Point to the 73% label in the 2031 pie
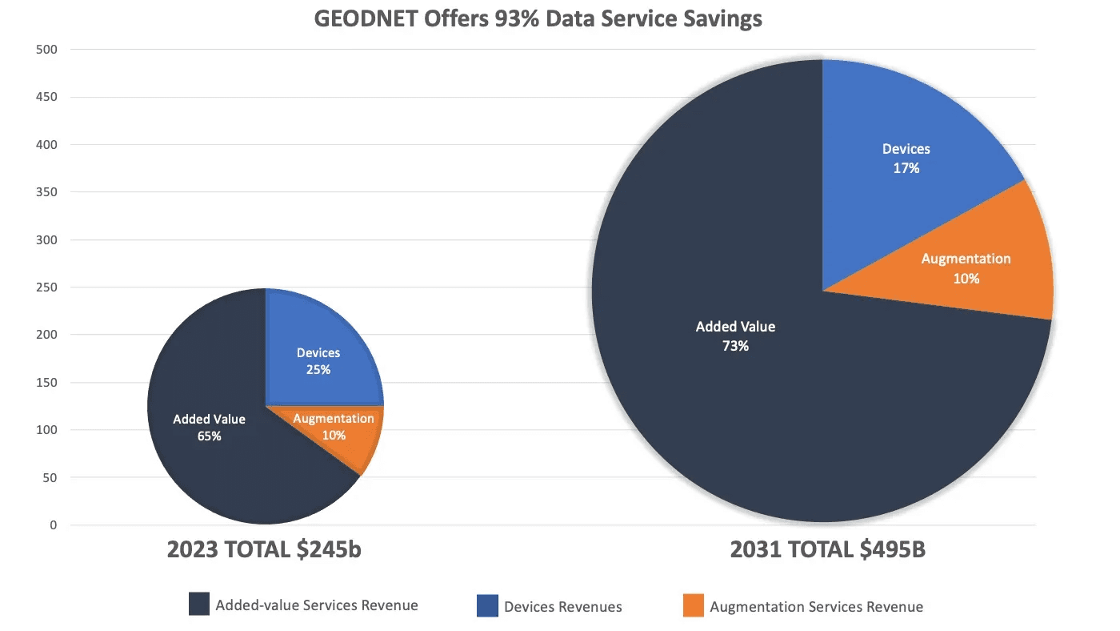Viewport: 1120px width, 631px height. pos(735,347)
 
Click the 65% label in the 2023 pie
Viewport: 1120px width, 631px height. pos(210,436)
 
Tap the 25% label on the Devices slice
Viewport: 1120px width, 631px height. pos(318,370)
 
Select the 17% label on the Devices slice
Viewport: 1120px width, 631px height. pos(906,169)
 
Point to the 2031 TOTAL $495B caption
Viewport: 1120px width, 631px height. pos(827,550)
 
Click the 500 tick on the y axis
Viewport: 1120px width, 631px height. pos(47,50)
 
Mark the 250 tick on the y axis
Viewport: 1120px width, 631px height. pos(47,287)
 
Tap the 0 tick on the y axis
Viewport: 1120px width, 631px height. pos(54,525)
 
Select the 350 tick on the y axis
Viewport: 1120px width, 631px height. pos(47,192)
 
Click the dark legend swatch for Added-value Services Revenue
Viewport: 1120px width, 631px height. pos(199,604)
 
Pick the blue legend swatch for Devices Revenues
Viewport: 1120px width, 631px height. pos(487,605)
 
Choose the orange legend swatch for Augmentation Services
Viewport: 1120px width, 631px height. pos(694,605)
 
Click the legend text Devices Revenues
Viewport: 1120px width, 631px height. pos(562,607)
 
